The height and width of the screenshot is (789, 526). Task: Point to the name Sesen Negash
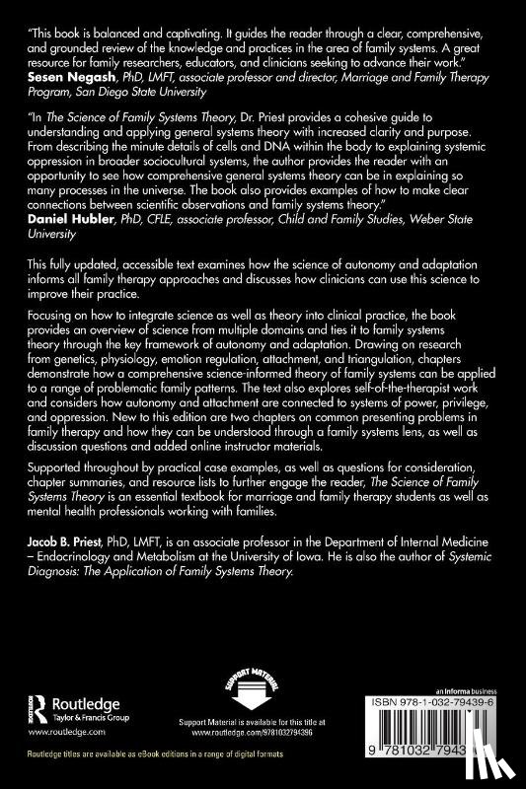[x=62, y=74]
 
